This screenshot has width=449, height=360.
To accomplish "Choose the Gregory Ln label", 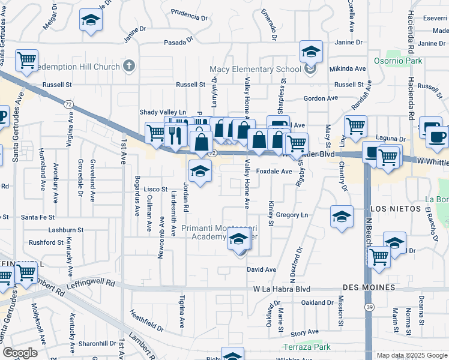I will (292, 215).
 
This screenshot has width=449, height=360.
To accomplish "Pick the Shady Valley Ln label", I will (163, 112).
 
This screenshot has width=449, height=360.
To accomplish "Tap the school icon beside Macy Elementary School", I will (311, 70).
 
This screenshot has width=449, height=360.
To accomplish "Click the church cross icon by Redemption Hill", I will (128, 65).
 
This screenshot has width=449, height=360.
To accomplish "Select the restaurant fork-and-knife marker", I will (175, 135).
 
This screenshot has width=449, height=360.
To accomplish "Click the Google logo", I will (20, 353).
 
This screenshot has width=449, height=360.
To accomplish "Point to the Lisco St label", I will (155, 189).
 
